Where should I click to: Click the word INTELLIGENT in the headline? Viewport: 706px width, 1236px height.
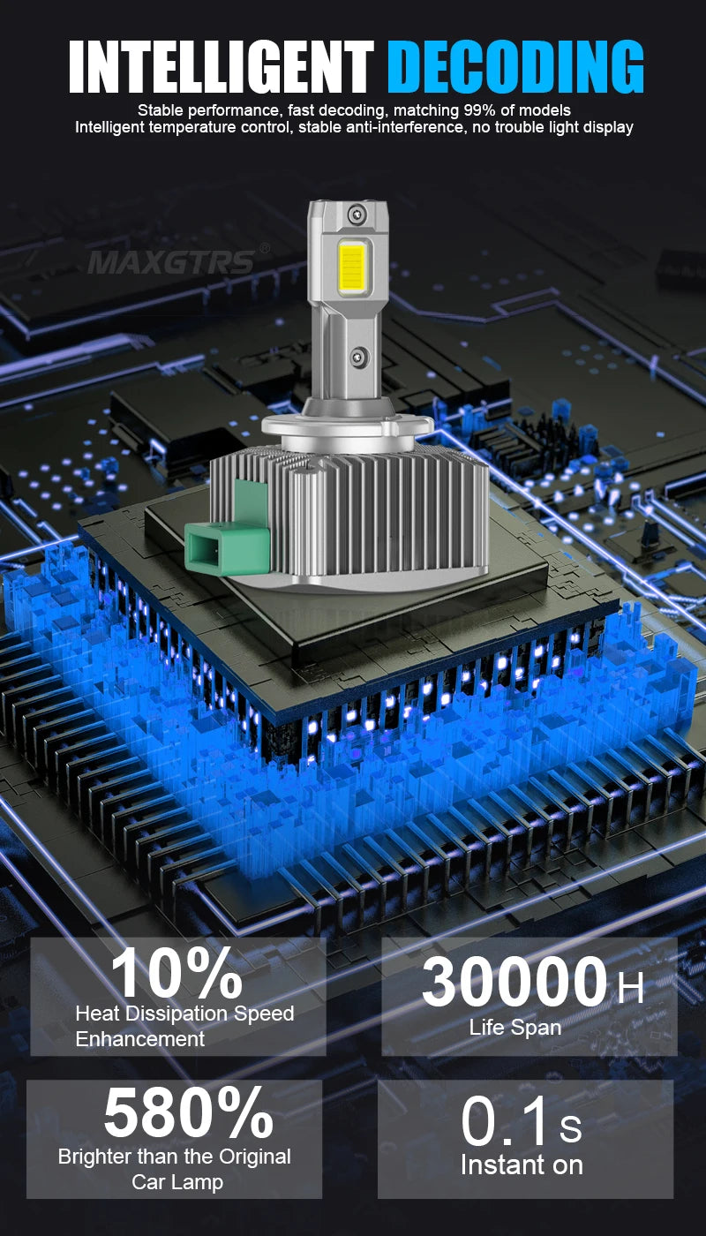point(221,65)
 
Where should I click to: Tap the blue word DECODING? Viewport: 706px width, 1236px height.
point(515,65)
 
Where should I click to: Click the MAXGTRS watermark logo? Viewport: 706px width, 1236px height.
point(171,262)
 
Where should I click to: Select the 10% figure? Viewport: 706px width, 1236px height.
point(176,974)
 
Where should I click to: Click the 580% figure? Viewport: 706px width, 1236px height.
point(188,1114)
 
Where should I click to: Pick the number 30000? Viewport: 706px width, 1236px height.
point(514,983)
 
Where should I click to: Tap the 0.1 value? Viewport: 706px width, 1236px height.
point(507,1122)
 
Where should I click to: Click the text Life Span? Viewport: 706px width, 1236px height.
point(514,1028)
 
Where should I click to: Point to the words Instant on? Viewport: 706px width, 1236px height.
point(522,1164)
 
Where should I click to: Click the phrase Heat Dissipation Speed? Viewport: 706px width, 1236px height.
point(184,1014)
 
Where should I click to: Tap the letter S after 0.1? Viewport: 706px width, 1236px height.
point(570,1128)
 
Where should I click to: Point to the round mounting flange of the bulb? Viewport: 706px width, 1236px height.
point(348,427)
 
